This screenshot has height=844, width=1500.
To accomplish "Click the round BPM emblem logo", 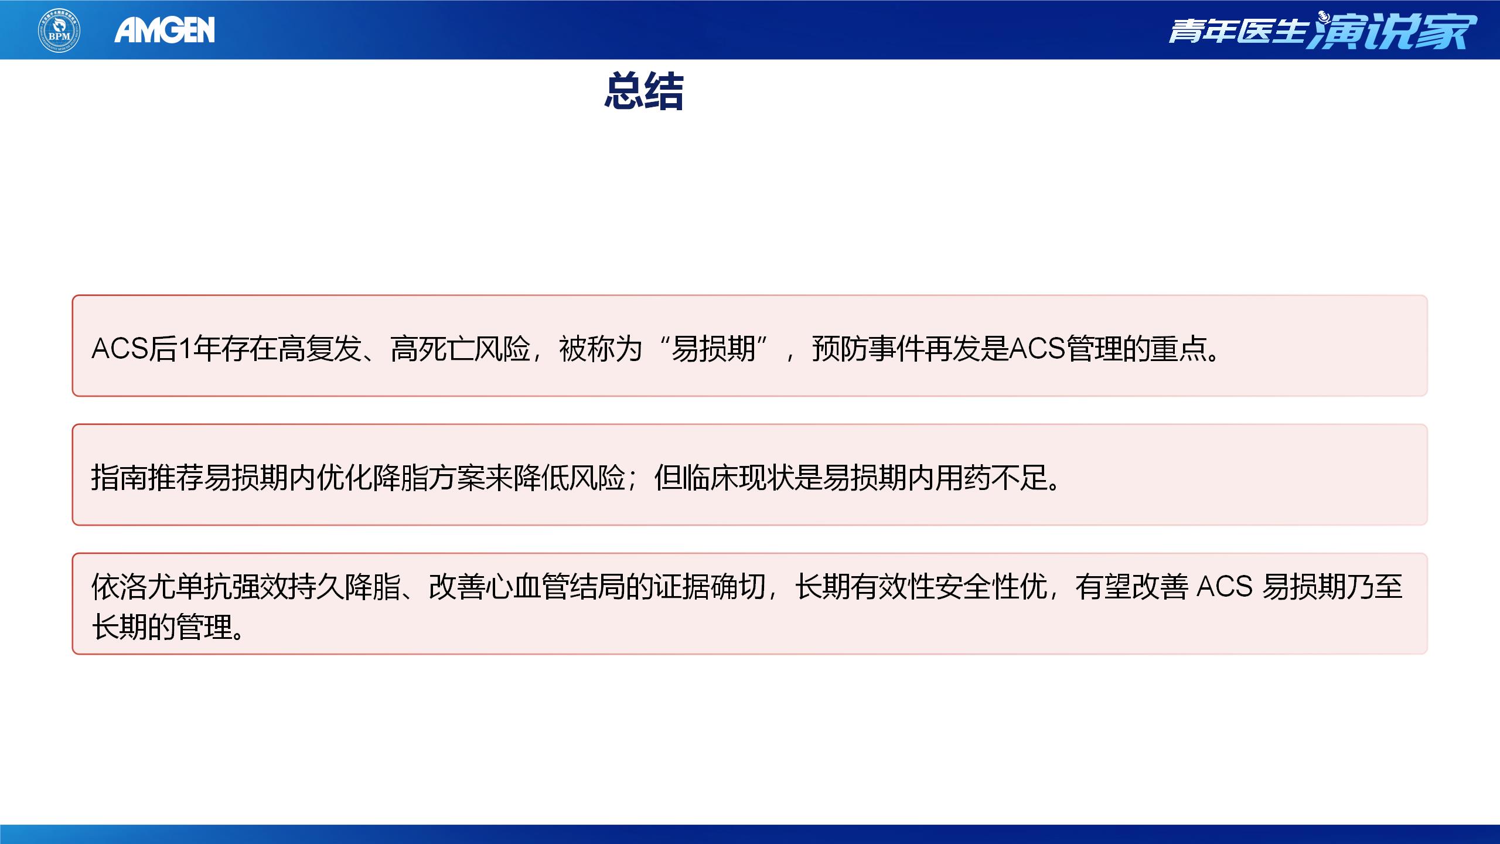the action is point(59,30).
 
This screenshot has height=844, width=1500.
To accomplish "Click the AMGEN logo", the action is point(165,30).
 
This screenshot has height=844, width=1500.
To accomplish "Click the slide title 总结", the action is point(644,92).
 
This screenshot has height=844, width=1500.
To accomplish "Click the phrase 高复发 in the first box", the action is point(319,349).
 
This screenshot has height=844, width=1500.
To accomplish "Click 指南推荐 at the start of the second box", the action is point(147,478).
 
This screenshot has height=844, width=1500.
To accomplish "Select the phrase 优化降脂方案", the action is point(401,478).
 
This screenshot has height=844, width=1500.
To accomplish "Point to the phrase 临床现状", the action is point(738,478).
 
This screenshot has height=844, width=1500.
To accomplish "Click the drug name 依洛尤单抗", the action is point(161,587).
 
